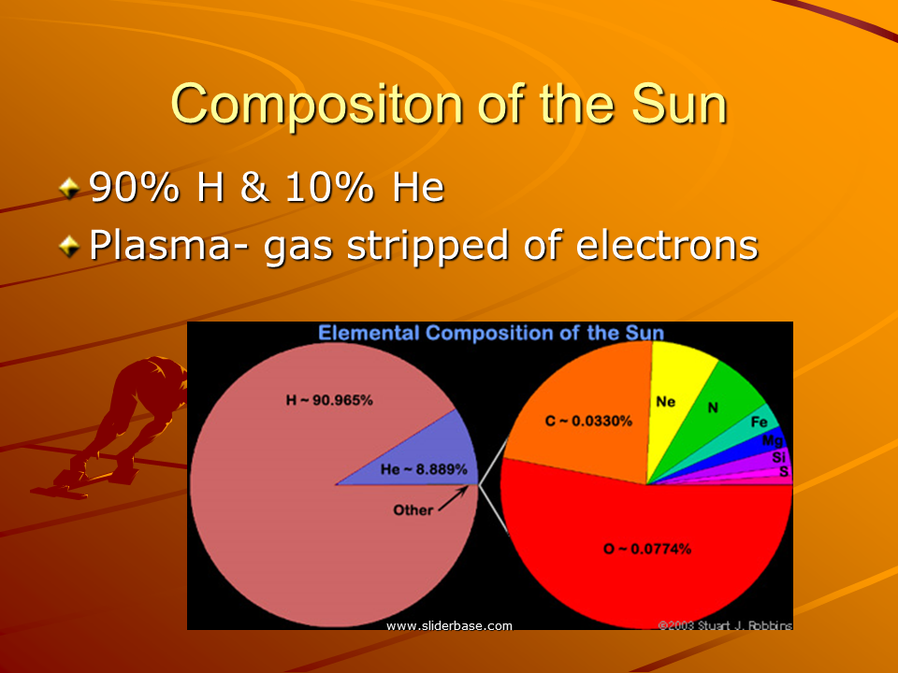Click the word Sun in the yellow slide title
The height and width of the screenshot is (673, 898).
click(679, 104)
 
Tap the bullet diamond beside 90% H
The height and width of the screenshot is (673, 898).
click(69, 188)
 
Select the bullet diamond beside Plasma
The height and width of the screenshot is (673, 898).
click(69, 246)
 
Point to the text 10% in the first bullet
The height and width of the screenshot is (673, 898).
click(329, 187)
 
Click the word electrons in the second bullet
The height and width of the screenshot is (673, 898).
click(667, 245)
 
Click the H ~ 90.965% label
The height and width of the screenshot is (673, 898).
click(329, 400)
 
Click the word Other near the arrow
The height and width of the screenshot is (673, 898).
click(413, 510)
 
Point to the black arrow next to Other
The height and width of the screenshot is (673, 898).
click(453, 498)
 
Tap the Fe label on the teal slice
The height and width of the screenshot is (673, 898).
click(759, 422)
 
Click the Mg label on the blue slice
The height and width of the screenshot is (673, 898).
click(772, 440)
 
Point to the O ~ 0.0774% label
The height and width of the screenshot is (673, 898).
click(647, 549)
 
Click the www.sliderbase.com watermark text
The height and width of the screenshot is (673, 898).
click(450, 625)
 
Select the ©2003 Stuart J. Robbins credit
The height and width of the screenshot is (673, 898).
click(725, 625)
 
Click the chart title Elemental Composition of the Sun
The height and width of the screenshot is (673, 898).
click(491, 333)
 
